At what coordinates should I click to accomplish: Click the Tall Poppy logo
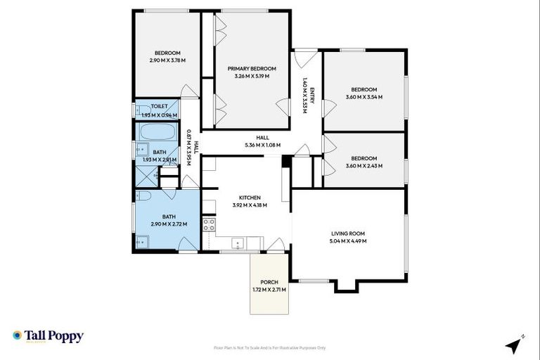tap(48, 336)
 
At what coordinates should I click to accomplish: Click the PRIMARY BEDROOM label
tap(252, 69)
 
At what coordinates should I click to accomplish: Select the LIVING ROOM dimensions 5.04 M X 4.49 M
tap(348, 241)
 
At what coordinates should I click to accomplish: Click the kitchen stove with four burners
tap(209, 225)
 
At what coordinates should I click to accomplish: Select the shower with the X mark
tap(146, 179)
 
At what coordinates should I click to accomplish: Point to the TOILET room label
tap(159, 107)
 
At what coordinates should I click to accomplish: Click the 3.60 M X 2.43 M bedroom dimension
tap(364, 165)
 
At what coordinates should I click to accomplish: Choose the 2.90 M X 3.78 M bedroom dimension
tap(167, 60)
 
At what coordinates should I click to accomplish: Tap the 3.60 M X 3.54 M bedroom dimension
tap(364, 97)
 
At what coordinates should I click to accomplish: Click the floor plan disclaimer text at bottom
tap(269, 347)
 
